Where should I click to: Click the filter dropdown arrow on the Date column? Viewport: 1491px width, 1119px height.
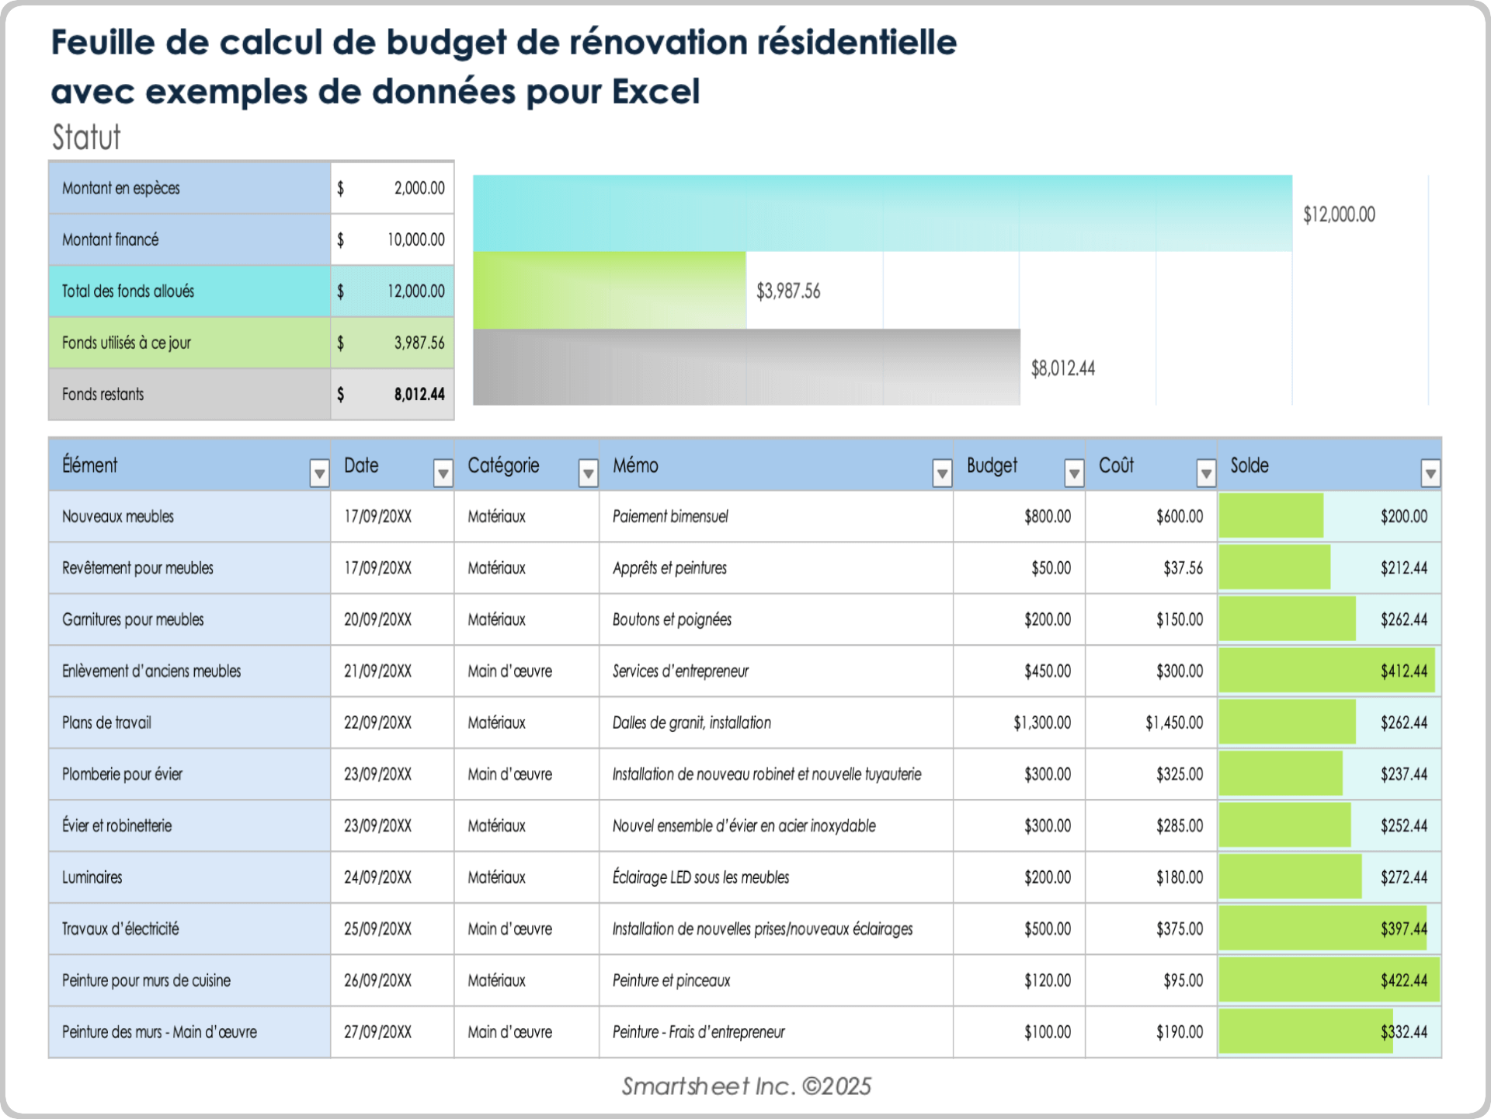pyautogui.click(x=443, y=472)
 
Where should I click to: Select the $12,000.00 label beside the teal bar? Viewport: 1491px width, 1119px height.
pyautogui.click(x=1339, y=214)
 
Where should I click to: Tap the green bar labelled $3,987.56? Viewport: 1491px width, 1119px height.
pyautogui.click(x=610, y=290)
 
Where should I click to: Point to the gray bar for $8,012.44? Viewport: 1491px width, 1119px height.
pyautogui.click(x=745, y=367)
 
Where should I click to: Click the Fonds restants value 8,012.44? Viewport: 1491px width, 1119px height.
pyautogui.click(x=419, y=395)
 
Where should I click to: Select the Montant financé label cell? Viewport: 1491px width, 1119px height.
pyautogui.click(x=110, y=240)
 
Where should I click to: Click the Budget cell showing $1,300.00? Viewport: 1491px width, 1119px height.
pyautogui.click(x=1041, y=723)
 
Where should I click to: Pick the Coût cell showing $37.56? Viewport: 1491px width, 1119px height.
pyautogui.click(x=1183, y=568)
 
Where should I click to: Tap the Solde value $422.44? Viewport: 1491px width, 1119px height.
pyautogui.click(x=1403, y=981)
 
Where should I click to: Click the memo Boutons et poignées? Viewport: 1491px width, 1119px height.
pyautogui.click(x=672, y=620)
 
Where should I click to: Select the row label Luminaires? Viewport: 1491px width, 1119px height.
pyautogui.click(x=92, y=877)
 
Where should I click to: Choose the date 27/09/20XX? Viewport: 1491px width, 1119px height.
pyautogui.click(x=377, y=1032)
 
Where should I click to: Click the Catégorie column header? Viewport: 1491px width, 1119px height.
pyautogui.click(x=503, y=465)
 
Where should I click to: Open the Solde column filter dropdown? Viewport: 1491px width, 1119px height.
pyautogui.click(x=1430, y=472)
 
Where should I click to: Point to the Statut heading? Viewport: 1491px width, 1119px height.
pyautogui.click(x=86, y=138)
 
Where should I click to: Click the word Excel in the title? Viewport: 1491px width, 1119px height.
pyautogui.click(x=656, y=92)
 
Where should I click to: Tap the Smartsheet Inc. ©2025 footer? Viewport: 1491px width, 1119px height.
pyautogui.click(x=745, y=1086)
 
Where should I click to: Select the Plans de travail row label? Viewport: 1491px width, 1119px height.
pyautogui.click(x=106, y=723)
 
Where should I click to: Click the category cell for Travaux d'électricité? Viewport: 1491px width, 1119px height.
pyautogui.click(x=509, y=929)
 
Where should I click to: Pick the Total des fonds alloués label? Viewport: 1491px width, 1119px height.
pyautogui.click(x=128, y=291)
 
